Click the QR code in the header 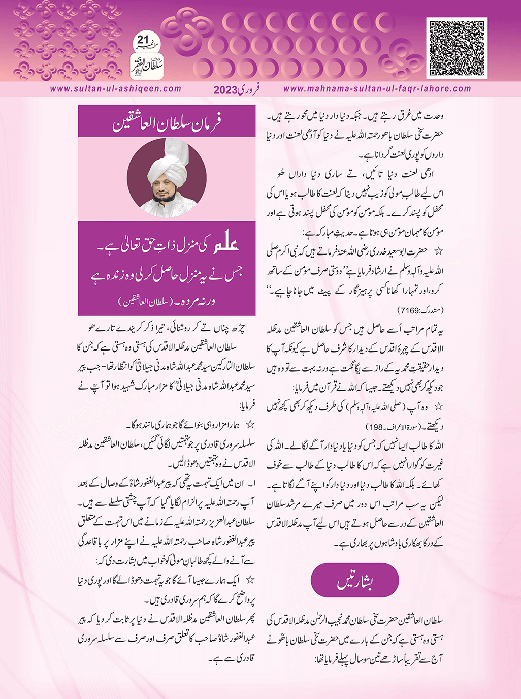click(x=457, y=48)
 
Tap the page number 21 click(x=143, y=39)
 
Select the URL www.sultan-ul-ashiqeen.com click(x=116, y=89)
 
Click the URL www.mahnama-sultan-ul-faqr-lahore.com click(x=377, y=89)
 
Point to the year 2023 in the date click(x=225, y=90)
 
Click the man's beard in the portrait click(x=168, y=196)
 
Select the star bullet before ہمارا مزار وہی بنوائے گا click(x=249, y=423)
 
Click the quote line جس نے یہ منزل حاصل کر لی click(x=168, y=276)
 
